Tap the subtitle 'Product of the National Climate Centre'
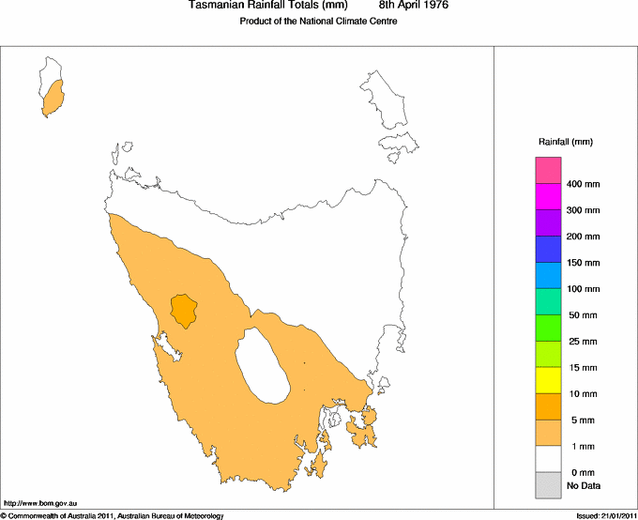(319, 21)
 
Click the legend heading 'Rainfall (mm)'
(565, 142)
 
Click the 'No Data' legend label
(583, 485)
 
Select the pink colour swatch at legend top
(549, 170)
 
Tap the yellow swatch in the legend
(549, 380)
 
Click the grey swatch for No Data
(549, 485)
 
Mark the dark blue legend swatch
(549, 249)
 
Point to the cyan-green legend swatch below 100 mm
(549, 301)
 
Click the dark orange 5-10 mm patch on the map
(183, 310)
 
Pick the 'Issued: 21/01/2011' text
(605, 515)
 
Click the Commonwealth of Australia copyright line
(113, 515)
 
